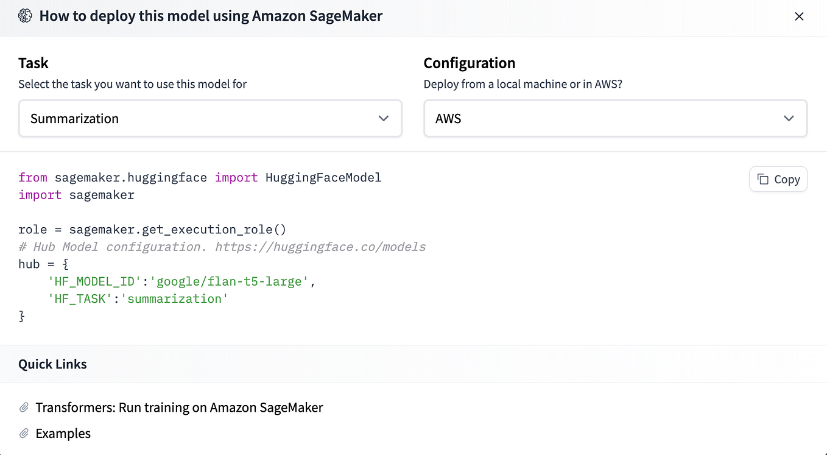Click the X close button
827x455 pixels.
799,16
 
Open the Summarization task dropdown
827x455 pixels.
210,118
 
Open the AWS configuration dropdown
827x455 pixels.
615,118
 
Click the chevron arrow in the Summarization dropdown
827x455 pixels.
384,118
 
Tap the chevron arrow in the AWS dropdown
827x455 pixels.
789,118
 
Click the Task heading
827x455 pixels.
33,63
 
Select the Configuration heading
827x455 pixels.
469,63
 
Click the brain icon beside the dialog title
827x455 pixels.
25,16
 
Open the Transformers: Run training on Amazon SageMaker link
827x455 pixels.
179,407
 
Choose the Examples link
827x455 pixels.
63,434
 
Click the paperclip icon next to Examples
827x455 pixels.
24,434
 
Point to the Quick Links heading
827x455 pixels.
52,364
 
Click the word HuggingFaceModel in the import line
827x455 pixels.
323,178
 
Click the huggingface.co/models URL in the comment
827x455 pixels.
320,247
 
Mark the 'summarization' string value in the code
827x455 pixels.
174,298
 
